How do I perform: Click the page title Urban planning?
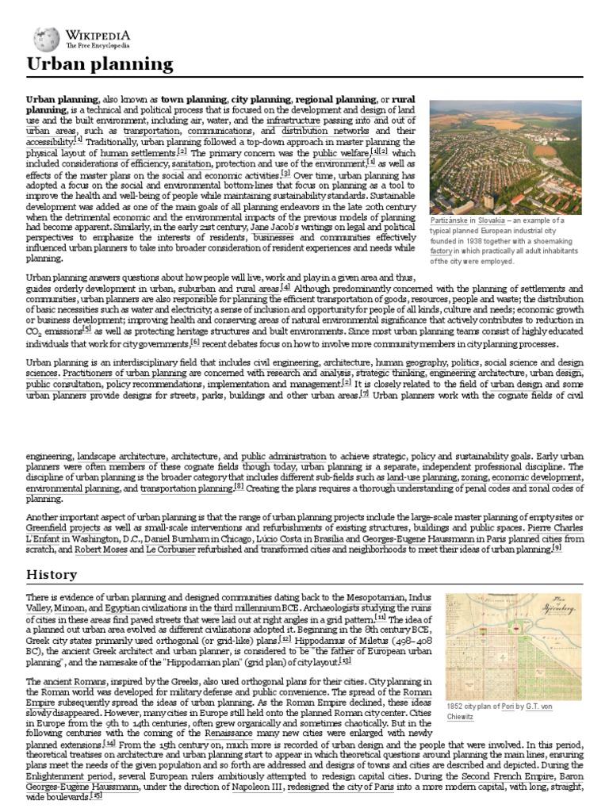100,64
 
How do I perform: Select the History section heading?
52,574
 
